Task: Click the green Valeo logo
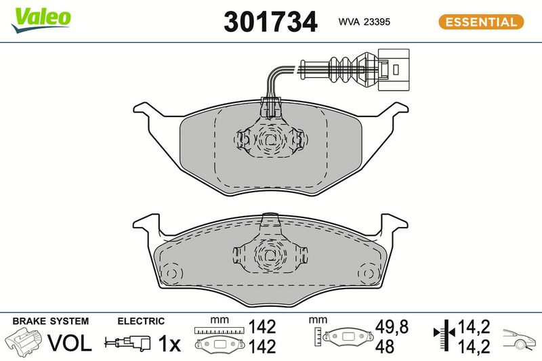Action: (x=41, y=20)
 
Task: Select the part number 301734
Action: (x=270, y=22)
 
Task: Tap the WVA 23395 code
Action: (x=364, y=22)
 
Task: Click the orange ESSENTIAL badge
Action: (x=481, y=22)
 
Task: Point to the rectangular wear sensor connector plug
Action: (x=394, y=70)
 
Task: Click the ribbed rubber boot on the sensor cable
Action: (x=341, y=70)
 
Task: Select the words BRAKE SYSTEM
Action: (x=50, y=321)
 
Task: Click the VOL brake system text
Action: (x=70, y=343)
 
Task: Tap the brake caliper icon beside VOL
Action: (x=24, y=341)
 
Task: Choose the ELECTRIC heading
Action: (x=141, y=321)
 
